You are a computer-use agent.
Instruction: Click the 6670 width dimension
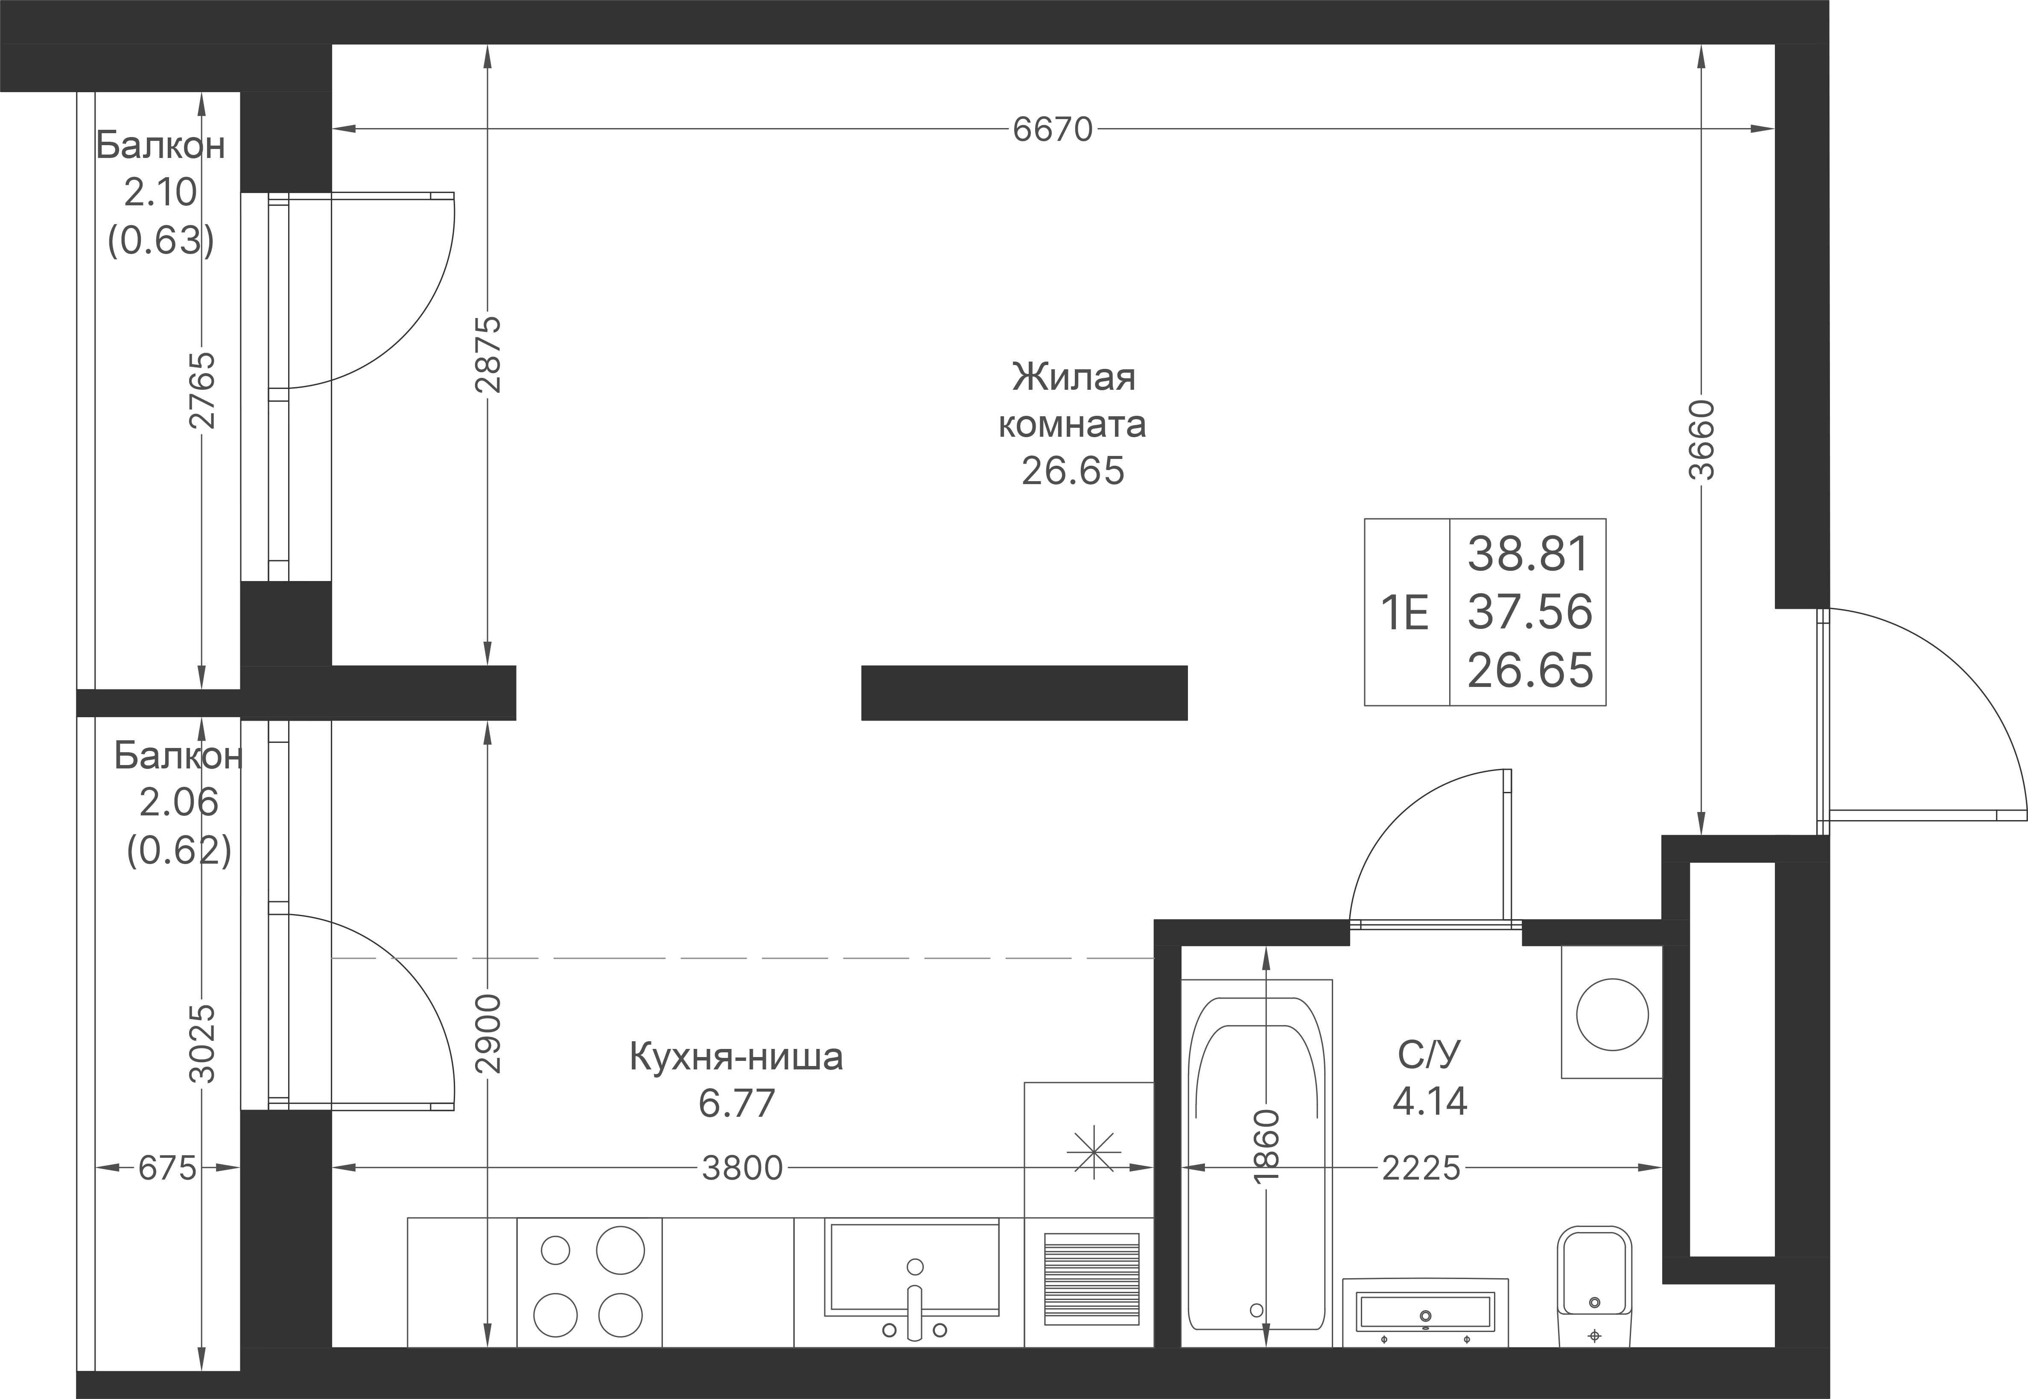tap(1053, 130)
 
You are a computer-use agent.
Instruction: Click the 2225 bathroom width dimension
tap(1421, 1168)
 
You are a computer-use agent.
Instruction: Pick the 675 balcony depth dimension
tap(167, 1168)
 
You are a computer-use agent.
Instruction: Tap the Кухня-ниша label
tap(736, 1057)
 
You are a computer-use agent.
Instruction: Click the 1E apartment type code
tap(1405, 613)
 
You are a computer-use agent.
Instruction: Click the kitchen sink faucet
tap(915, 1306)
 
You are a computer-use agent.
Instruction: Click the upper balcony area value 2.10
tap(160, 192)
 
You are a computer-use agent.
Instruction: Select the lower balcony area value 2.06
tap(179, 802)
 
